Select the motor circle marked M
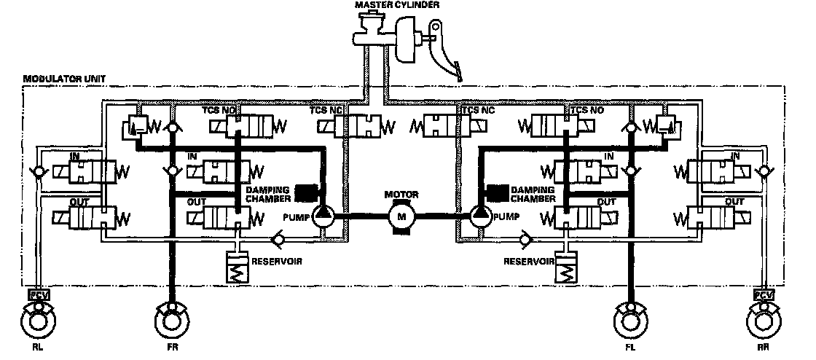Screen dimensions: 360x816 pyautogui.click(x=401, y=215)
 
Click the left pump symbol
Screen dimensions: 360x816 pyautogui.click(x=321, y=215)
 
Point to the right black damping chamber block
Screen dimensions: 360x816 pyautogui.click(x=498, y=192)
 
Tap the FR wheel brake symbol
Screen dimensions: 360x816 pyautogui.click(x=172, y=319)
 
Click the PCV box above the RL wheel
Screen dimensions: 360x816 pyautogui.click(x=36, y=295)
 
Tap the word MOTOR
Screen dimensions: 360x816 pyautogui.click(x=401, y=195)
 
